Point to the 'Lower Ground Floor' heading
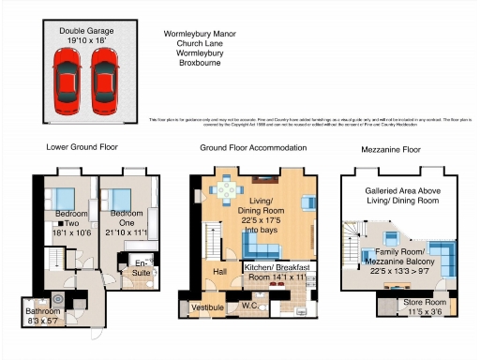[x=82, y=148]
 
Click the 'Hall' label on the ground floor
[x=219, y=271]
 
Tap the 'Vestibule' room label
[x=206, y=307]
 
